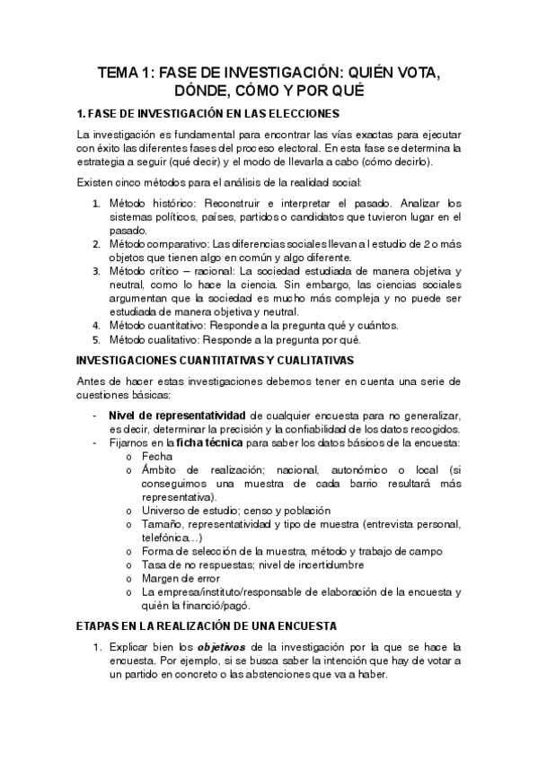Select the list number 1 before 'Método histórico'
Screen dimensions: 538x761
[x=97, y=203]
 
